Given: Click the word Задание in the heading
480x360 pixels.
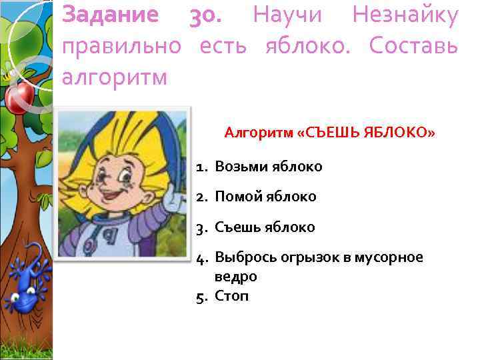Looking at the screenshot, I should tap(110, 15).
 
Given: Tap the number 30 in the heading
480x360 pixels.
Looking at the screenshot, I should tap(204, 15).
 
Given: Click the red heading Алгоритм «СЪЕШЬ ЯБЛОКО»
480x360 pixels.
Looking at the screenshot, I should tap(329, 133).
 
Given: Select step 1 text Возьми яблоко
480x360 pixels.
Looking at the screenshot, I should tap(268, 167).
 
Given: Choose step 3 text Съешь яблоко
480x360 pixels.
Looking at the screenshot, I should tap(265, 227).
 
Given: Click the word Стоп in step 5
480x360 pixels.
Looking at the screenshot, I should tap(231, 295).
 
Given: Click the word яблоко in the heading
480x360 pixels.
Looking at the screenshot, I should tap(312, 47).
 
